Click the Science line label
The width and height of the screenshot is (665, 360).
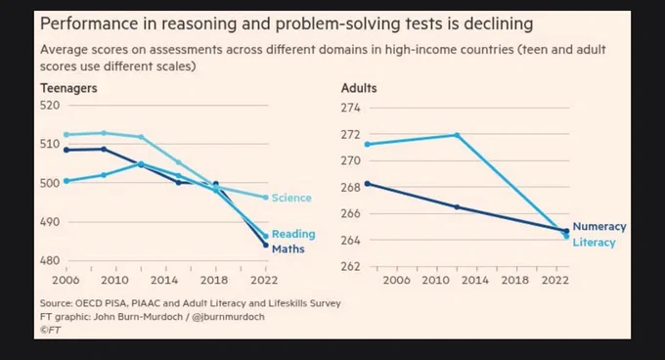[291, 198]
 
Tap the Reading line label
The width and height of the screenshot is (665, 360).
[293, 234]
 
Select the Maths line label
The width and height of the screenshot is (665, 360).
[288, 248]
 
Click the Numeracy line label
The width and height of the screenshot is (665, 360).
[599, 227]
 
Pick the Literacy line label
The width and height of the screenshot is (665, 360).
[594, 243]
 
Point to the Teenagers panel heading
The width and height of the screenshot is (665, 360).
[68, 89]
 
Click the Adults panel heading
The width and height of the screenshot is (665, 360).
[359, 88]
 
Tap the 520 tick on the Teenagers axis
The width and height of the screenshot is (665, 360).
[50, 105]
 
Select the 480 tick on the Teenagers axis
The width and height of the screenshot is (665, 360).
[50, 260]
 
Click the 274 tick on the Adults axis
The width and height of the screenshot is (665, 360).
[350, 108]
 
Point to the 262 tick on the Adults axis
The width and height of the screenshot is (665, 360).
[350, 266]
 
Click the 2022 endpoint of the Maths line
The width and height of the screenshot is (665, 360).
[266, 246]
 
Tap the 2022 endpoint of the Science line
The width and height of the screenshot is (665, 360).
[266, 198]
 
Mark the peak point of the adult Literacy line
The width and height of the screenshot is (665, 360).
[457, 135]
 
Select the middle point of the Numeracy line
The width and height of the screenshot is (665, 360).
[457, 207]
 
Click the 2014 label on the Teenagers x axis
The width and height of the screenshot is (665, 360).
[164, 281]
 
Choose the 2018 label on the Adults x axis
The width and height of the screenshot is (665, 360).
[514, 281]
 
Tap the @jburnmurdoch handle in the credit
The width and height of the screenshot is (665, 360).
[228, 317]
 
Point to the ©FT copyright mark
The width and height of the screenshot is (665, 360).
[50, 330]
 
